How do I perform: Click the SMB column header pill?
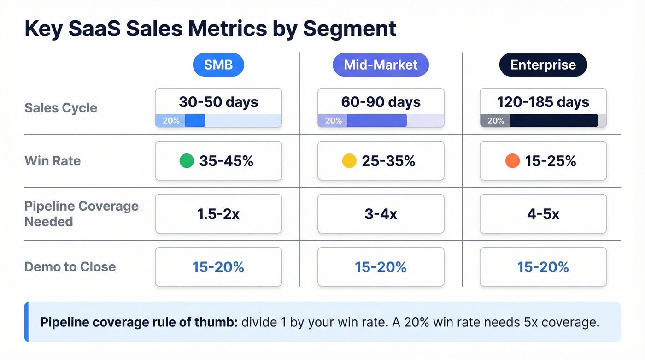pyautogui.click(x=218, y=65)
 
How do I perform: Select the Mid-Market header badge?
pyautogui.click(x=381, y=65)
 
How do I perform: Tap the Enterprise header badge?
pyautogui.click(x=543, y=65)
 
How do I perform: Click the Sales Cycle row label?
pyautogui.click(x=61, y=108)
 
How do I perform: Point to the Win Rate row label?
pyautogui.click(x=53, y=161)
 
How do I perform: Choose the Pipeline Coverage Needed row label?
pyautogui.click(x=82, y=214)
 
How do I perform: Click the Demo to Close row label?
pyautogui.click(x=70, y=267)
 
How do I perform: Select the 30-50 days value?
pyautogui.click(x=218, y=102)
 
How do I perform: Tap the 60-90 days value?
pyautogui.click(x=381, y=102)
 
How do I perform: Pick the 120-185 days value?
pyautogui.click(x=543, y=102)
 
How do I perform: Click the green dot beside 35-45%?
pyautogui.click(x=186, y=161)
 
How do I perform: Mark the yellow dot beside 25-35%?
pyautogui.click(x=349, y=161)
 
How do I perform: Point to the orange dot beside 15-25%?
pyautogui.click(x=512, y=161)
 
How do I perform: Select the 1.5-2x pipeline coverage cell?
pyautogui.click(x=218, y=214)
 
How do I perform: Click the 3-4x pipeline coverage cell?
pyautogui.click(x=381, y=214)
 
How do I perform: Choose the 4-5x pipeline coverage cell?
pyautogui.click(x=543, y=214)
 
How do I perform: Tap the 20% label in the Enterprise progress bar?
pyautogui.click(x=495, y=121)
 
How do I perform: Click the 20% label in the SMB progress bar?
pyautogui.click(x=171, y=121)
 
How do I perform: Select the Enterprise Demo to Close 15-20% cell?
pyautogui.click(x=543, y=267)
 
